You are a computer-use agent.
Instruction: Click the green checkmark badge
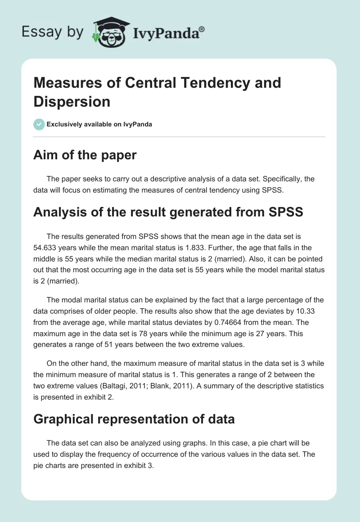tap(39, 124)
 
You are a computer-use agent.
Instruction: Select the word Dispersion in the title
tap(72, 101)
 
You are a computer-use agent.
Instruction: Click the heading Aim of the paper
tap(85, 155)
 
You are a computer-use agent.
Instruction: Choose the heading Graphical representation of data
tap(134, 419)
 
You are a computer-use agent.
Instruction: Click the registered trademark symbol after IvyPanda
tap(202, 28)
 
